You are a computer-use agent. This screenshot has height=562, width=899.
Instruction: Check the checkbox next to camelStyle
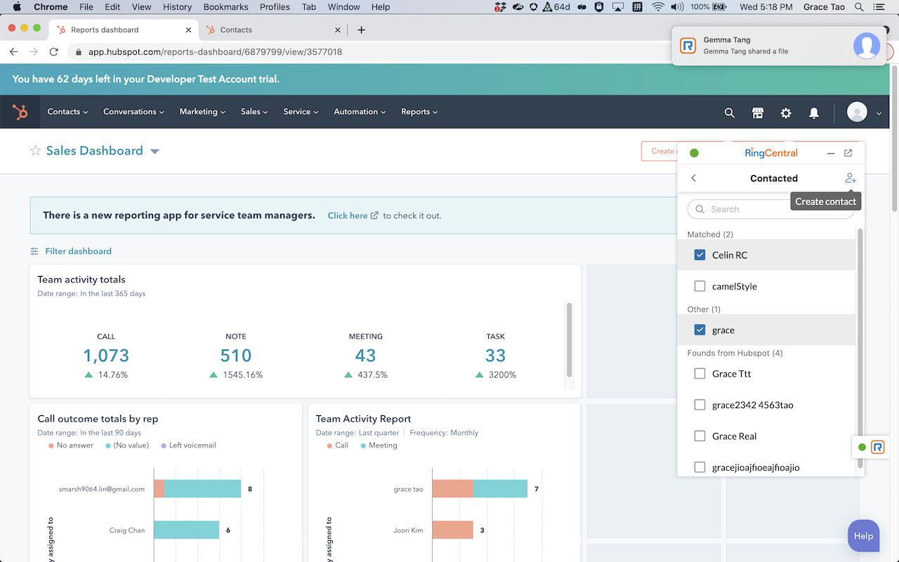(x=700, y=286)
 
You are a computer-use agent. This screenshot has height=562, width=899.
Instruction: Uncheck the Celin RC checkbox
(x=700, y=255)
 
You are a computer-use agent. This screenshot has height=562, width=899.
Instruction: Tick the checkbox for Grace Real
(x=700, y=436)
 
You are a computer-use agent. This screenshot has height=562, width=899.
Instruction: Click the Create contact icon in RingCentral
(x=851, y=178)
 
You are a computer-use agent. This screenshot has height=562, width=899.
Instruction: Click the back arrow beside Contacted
(x=694, y=178)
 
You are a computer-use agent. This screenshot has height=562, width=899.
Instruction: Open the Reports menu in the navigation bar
(x=419, y=112)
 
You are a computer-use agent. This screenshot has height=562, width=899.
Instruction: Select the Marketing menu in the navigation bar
(x=202, y=112)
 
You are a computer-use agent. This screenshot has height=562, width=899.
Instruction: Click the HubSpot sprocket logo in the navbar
(x=20, y=112)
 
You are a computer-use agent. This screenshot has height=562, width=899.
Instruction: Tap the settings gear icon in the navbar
(x=786, y=112)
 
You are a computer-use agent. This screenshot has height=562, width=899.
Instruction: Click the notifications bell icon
(x=814, y=112)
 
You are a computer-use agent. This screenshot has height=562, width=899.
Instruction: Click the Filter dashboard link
(x=78, y=251)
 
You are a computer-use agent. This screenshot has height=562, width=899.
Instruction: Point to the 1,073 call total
(x=106, y=355)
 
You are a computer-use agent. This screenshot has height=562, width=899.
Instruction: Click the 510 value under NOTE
(x=236, y=355)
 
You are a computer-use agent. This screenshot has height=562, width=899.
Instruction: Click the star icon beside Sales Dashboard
(x=35, y=151)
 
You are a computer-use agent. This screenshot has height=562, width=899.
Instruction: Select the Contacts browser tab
(x=236, y=30)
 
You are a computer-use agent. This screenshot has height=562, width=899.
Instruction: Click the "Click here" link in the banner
(x=348, y=216)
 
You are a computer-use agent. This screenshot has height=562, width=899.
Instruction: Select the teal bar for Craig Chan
(x=187, y=530)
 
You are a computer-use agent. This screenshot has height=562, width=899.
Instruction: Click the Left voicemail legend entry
(x=192, y=445)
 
